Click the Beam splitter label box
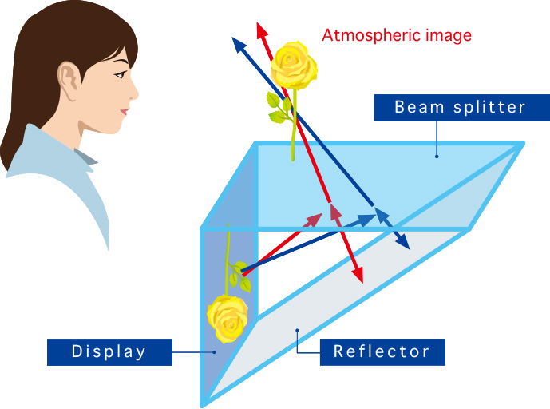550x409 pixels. click(462, 108)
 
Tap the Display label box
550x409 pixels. click(109, 352)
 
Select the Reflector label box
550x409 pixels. click(382, 352)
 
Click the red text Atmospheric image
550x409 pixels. click(397, 35)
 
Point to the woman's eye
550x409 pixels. click(121, 74)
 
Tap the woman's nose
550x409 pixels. click(133, 93)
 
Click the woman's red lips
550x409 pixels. click(125, 112)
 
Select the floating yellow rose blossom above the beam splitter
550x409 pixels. click(294, 65)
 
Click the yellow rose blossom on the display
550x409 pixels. click(228, 319)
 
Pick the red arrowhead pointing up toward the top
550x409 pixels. click(262, 30)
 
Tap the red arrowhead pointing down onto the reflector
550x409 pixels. click(358, 275)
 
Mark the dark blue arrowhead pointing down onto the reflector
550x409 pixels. click(402, 242)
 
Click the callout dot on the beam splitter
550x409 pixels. click(437, 157)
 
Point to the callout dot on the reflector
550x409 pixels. click(297, 330)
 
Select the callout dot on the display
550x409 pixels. click(214, 352)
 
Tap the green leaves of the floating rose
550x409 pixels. click(279, 107)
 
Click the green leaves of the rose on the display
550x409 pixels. click(240, 276)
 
